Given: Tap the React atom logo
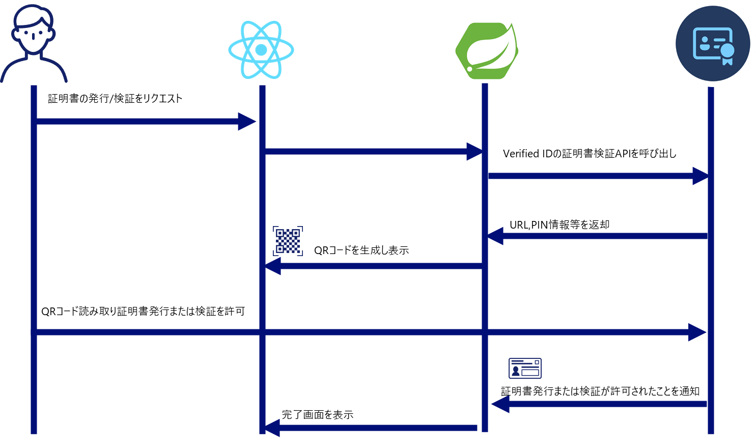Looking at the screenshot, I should [261, 50].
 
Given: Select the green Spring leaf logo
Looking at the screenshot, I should [487, 51].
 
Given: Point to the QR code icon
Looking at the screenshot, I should [288, 241].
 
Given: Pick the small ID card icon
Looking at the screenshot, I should [525, 368].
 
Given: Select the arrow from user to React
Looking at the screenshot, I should [143, 122].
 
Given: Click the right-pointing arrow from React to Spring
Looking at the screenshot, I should [372, 152].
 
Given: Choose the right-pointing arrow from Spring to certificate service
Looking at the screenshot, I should [596, 176].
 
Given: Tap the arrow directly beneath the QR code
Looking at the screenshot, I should [374, 266].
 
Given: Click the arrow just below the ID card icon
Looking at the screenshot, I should [601, 404].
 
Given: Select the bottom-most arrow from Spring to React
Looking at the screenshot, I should [372, 428].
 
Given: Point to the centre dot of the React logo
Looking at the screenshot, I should [261, 50].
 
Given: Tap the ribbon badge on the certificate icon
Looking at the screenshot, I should [727, 53].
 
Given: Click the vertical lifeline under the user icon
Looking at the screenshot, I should [34, 229].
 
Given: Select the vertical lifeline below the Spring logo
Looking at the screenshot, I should [485, 295].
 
